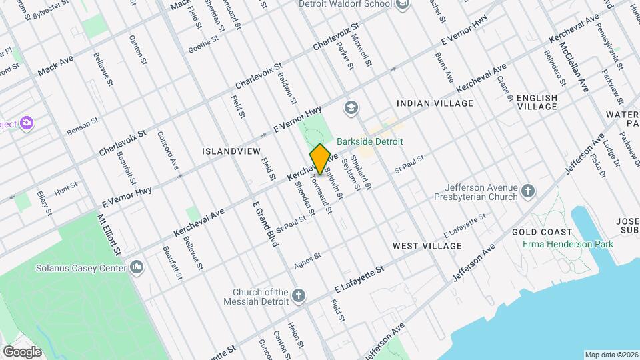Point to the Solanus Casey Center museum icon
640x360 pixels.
click(137, 268)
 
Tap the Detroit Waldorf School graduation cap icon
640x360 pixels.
click(402, 5)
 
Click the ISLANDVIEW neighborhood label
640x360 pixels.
click(231, 151)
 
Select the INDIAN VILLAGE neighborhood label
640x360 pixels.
click(435, 103)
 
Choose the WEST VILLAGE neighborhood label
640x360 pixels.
click(427, 246)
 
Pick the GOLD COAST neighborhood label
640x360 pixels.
click(542, 232)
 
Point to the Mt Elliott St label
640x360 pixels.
click(110, 233)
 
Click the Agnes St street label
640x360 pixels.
click(308, 261)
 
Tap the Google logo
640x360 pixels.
click(22, 351)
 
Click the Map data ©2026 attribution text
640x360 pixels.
click(611, 355)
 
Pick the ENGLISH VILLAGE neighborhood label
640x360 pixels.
click(537, 103)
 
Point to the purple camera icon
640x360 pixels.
click(27, 123)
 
